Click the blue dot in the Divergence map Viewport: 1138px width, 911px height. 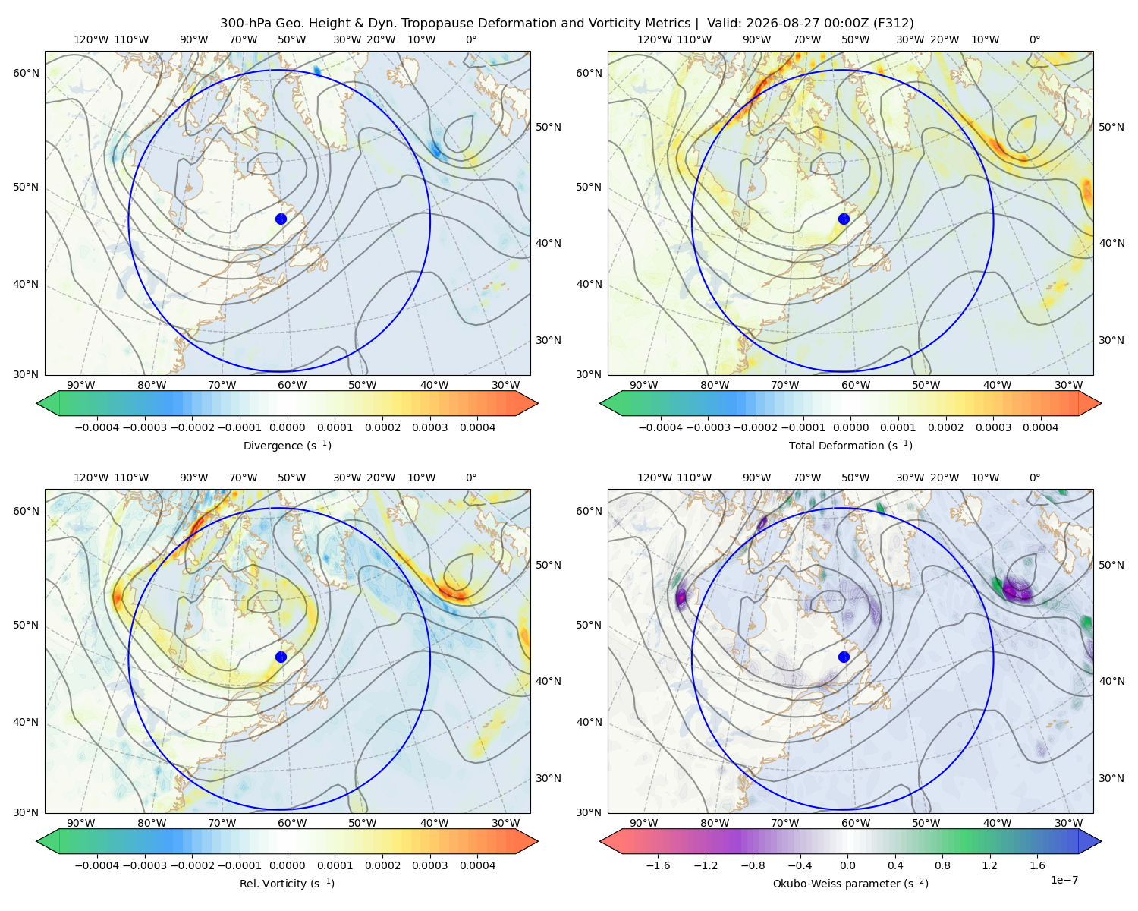(281, 219)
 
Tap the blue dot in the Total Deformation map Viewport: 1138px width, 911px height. (844, 219)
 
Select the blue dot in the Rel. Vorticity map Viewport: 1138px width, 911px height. (281, 657)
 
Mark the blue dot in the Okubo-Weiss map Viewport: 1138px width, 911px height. (844, 657)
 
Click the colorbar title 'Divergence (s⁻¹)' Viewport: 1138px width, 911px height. (287, 445)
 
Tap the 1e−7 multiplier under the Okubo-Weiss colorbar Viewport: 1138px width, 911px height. (1064, 880)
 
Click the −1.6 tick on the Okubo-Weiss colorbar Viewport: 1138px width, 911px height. (658, 865)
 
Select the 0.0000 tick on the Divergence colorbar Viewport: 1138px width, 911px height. (287, 427)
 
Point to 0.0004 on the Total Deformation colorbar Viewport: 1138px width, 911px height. (1040, 427)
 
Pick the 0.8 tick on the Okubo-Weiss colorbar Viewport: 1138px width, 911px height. (942, 865)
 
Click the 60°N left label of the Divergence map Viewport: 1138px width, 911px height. (26, 73)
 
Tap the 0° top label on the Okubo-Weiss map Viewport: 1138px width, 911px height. (1034, 477)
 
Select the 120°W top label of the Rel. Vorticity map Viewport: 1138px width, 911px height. (91, 477)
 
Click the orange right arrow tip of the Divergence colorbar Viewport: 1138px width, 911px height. (537, 403)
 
